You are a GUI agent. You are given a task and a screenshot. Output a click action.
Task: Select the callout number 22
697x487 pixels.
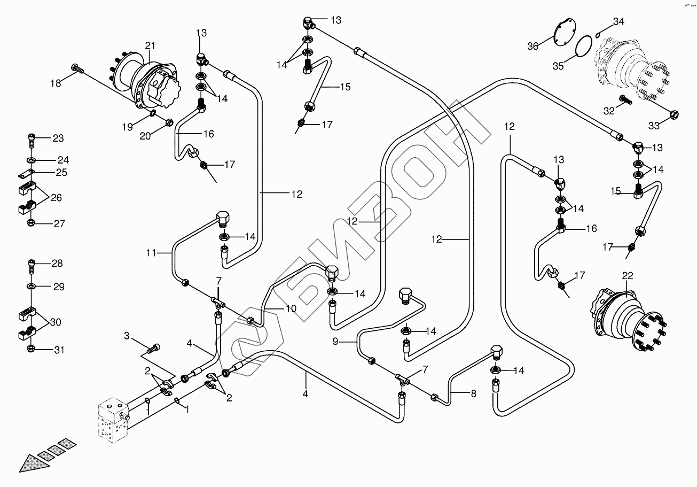click(x=628, y=275)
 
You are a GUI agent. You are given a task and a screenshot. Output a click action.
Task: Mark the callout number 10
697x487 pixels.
click(x=290, y=308)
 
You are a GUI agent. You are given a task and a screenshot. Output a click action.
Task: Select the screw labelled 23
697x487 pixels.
click(x=32, y=140)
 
